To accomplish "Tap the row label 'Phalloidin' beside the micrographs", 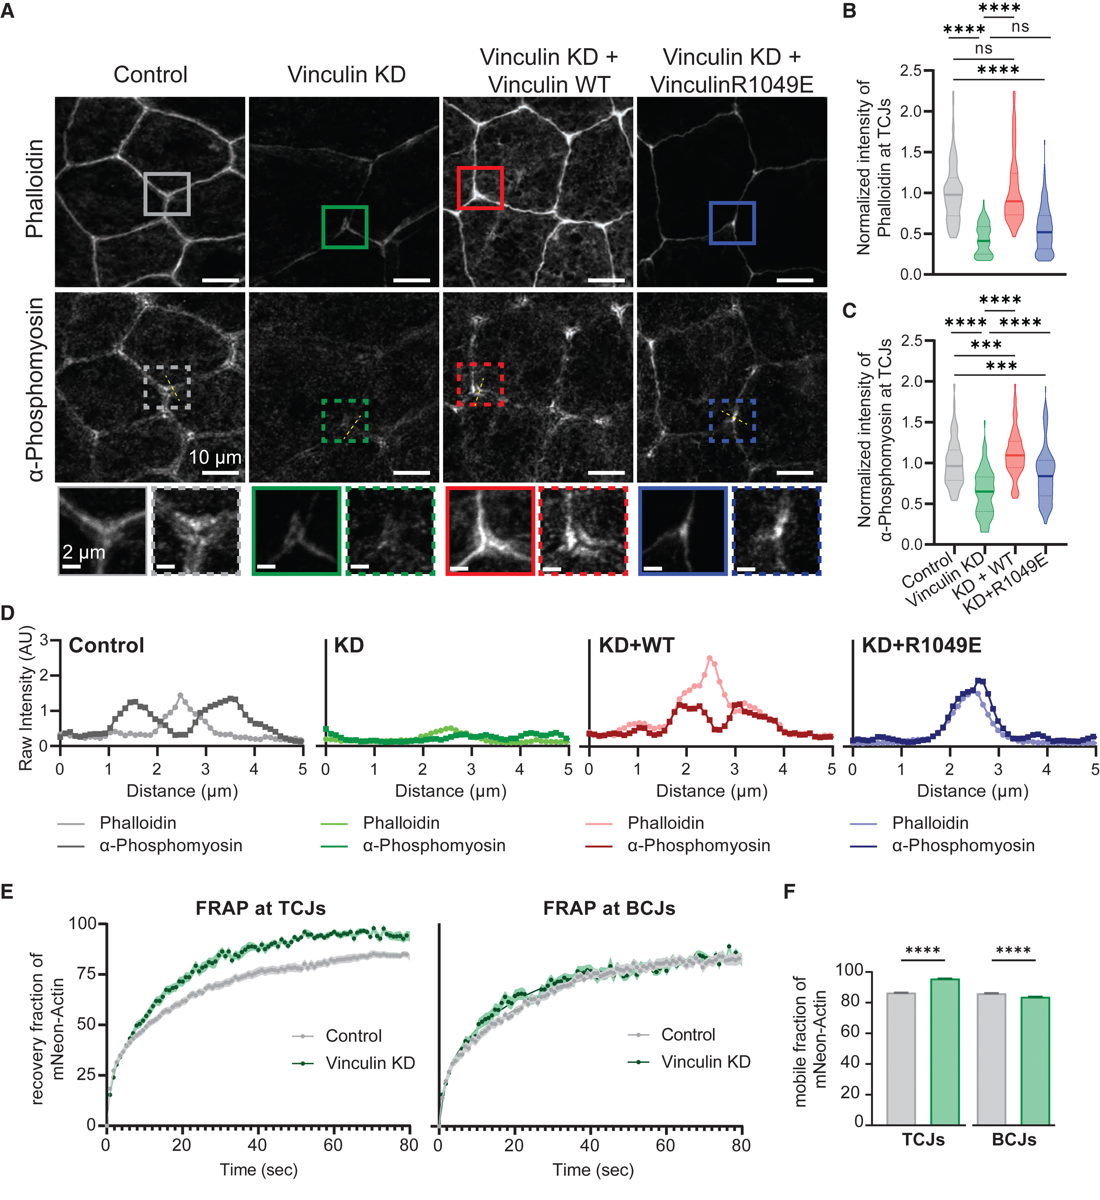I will (x=35, y=189).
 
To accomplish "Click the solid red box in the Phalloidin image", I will (x=480, y=188).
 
